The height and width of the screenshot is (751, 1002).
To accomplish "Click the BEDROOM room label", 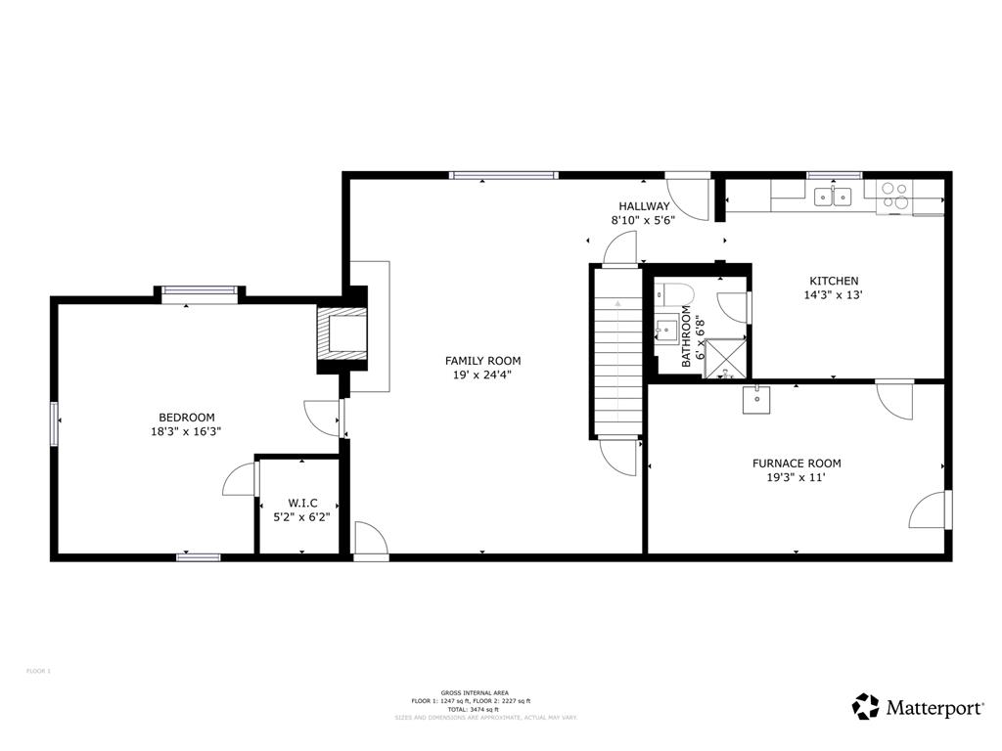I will (x=187, y=418).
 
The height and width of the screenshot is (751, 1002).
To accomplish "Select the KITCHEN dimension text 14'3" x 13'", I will (x=833, y=294).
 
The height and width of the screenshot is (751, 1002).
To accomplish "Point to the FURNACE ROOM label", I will (x=796, y=464).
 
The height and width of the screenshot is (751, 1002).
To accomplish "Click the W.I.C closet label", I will (x=302, y=503).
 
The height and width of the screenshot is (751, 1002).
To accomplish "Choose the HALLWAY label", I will (x=644, y=206).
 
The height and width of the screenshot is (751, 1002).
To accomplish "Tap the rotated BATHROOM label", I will (x=687, y=335).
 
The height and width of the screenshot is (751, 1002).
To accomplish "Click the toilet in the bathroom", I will (x=674, y=292).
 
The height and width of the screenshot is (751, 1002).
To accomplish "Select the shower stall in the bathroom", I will (x=725, y=357).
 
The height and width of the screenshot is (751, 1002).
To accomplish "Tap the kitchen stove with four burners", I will (x=893, y=196).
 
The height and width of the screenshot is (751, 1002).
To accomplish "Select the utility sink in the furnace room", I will (x=756, y=399).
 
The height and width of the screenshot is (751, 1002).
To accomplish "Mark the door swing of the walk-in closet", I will (x=240, y=481).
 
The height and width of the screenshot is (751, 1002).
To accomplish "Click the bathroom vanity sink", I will (x=667, y=329).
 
